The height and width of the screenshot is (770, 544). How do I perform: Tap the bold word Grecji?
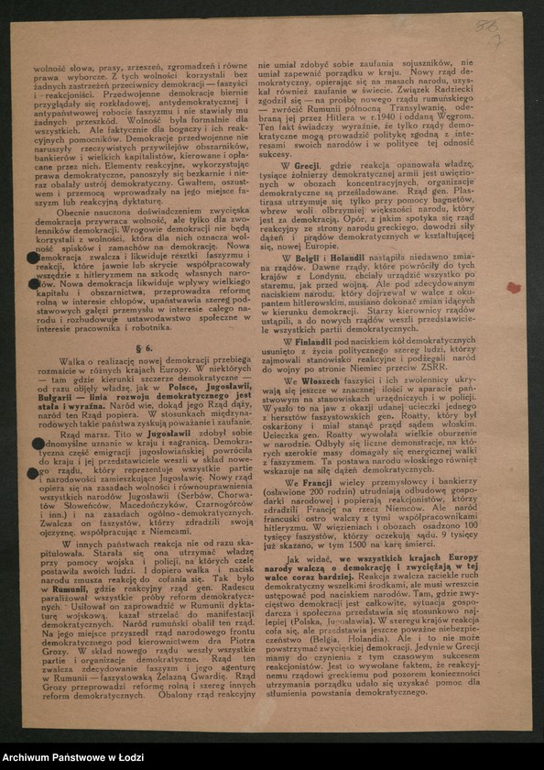pos(307,164)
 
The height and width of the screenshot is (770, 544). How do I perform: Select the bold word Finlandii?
pos(312,341)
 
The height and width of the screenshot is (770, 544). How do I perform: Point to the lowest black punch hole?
pos(34,473)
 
